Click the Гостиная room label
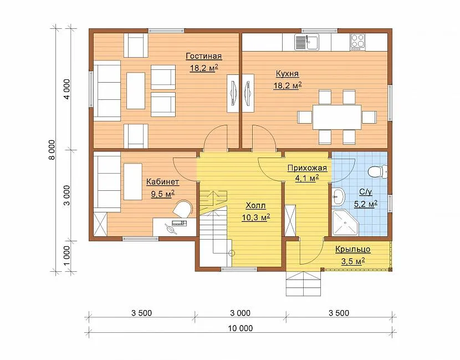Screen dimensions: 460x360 [203, 56]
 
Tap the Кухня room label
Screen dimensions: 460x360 [287, 73]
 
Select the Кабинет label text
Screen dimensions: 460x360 [162, 182]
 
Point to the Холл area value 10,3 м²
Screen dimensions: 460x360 [256, 217]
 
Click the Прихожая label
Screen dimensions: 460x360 [307, 168]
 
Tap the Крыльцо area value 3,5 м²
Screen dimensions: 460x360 [353, 261]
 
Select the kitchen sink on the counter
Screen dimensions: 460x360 [307, 42]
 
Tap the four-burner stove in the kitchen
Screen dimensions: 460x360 [358, 42]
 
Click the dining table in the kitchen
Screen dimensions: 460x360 [337, 117]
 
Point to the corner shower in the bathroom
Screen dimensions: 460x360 [345, 222]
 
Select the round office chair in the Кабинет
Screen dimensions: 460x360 [182, 209]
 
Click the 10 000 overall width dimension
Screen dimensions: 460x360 [241, 328]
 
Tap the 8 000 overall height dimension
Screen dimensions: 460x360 [52, 150]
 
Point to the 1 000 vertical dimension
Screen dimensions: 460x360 [67, 256]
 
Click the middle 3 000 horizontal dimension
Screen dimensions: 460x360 [241, 313]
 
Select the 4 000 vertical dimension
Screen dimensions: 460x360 [67, 89]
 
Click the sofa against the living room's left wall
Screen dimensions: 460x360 [107, 91]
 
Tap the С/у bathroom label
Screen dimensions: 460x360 [366, 192]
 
